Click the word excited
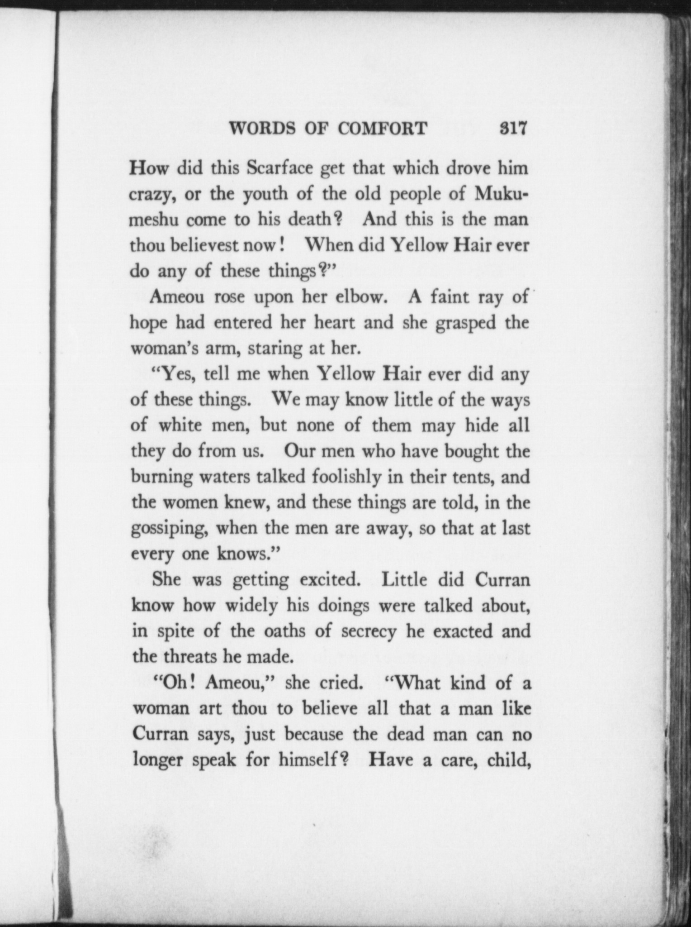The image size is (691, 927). [333, 580]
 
